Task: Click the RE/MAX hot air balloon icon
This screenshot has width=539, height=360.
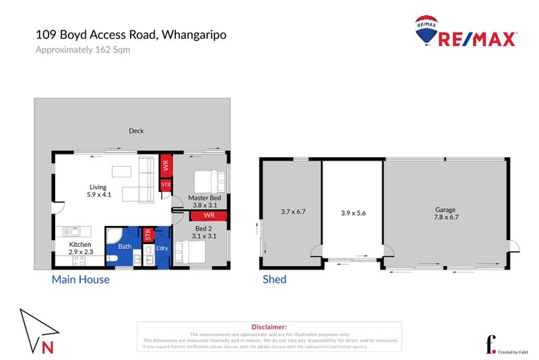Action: click(x=427, y=31)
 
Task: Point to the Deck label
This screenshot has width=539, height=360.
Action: click(x=136, y=131)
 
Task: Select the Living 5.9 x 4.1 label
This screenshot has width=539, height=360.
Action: click(x=98, y=191)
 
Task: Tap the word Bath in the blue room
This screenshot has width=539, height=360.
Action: click(x=125, y=247)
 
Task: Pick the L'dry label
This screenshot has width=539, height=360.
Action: click(x=162, y=248)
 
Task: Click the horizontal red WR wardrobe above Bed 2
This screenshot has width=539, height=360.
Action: click(x=208, y=216)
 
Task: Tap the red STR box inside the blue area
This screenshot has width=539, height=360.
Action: click(x=148, y=234)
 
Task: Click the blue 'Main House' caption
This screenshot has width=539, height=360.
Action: click(x=80, y=279)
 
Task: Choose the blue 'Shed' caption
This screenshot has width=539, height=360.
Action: click(x=274, y=279)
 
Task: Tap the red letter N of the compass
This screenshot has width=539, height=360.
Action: click(x=46, y=348)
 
